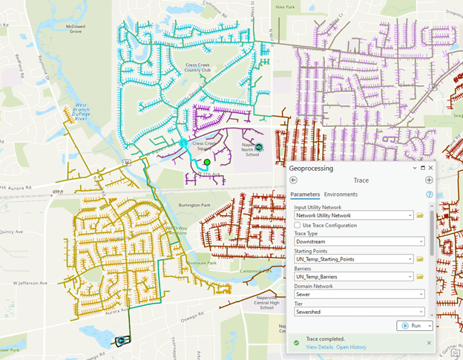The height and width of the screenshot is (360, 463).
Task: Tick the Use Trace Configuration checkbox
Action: click(298, 225)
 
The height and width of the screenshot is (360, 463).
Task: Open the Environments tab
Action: click(335, 194)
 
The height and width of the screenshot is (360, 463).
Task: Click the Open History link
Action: click(351, 347)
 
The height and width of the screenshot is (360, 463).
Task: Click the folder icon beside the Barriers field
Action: click(420, 277)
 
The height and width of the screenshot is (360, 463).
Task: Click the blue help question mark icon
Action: click(429, 194)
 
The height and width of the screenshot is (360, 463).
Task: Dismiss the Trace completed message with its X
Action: click(429, 343)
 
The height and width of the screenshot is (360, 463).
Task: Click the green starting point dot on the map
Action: click(207, 162)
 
